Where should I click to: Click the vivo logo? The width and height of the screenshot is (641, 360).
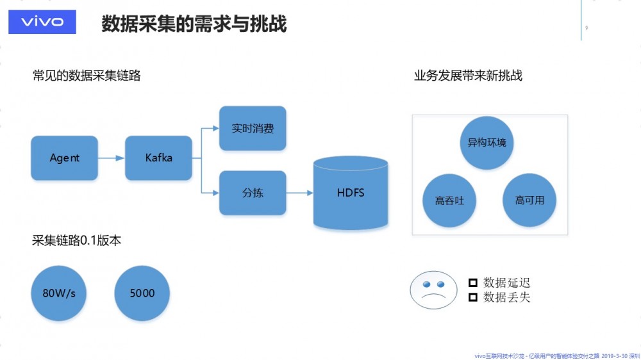pos(42,22)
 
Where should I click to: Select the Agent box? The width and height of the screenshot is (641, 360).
pos(64,158)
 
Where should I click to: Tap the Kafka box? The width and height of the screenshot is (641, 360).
pos(158,158)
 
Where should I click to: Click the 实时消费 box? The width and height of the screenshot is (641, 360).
pos(253,128)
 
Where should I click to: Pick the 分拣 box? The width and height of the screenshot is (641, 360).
pos(253,193)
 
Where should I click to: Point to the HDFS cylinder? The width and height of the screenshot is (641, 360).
pos(351,192)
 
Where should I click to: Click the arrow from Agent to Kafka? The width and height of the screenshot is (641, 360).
pos(112,158)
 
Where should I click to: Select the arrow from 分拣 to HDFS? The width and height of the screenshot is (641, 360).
pos(299,193)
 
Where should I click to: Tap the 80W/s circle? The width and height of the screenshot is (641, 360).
pos(59,293)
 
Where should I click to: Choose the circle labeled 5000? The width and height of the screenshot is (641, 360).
pos(142,293)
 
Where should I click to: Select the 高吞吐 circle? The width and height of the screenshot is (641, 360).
pos(449,200)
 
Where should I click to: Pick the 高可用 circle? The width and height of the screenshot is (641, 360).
pos(529,200)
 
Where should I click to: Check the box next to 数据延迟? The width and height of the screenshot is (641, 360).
pos(473,282)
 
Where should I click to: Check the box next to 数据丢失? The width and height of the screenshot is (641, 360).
pos(473,297)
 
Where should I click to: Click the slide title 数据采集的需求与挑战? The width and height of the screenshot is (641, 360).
pos(194,24)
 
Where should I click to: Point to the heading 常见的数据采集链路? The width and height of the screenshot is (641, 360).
pos(87,76)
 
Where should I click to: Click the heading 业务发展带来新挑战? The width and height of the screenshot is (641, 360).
pos(468,76)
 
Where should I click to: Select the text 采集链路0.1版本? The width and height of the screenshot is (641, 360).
pos(77,241)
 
